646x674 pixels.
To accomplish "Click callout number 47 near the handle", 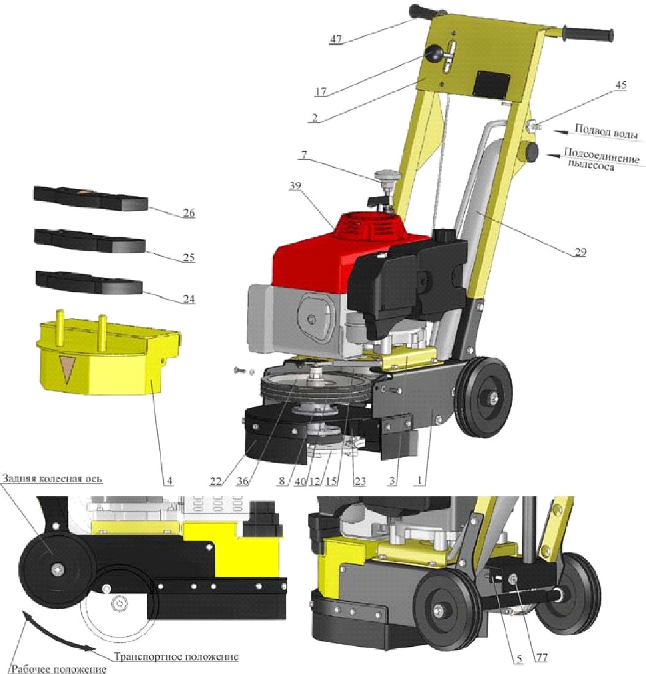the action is pos(335,39).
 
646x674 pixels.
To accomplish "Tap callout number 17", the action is pos(321,91).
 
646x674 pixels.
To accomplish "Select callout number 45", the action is pos(621,85).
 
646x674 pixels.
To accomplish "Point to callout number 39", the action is pos(295,186).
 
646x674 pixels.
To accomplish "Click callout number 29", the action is pos(580,251).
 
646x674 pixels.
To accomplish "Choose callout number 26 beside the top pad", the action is pos(189,213).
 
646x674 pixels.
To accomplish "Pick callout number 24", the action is pos(189,298).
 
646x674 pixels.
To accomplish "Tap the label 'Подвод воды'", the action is pos(606,130).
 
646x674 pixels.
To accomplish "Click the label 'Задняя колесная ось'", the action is pos(52,478).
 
